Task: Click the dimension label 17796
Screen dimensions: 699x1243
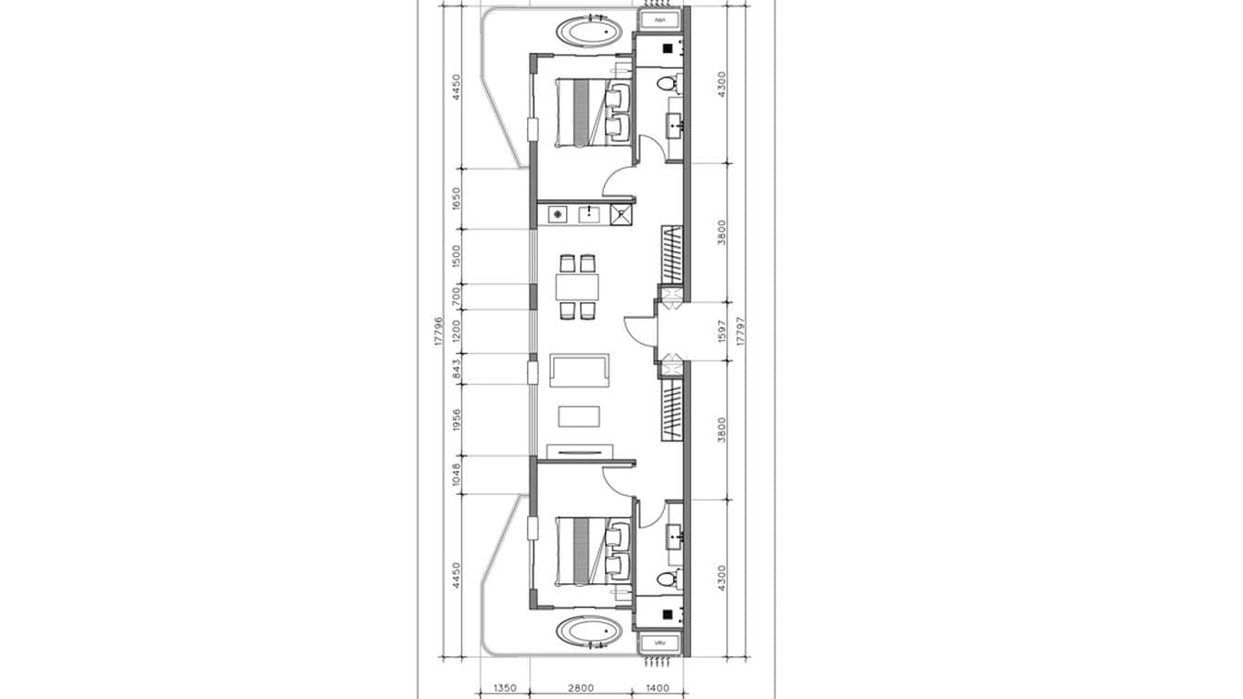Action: click(437, 331)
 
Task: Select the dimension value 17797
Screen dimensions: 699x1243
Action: click(740, 331)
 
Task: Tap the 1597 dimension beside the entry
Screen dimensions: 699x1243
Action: click(722, 331)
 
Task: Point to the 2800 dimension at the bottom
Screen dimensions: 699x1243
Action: click(581, 689)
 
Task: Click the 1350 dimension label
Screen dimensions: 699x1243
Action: click(505, 689)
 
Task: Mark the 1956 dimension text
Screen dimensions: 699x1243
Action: click(455, 420)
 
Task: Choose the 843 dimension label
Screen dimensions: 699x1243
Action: click(455, 368)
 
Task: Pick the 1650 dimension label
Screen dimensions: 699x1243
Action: click(455, 199)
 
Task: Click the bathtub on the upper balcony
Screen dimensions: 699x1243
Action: click(589, 32)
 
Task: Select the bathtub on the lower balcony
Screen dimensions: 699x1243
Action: click(589, 633)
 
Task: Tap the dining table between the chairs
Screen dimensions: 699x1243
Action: click(578, 286)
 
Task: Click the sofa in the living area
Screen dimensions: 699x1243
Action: click(580, 371)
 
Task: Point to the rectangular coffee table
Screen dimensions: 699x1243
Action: click(580, 415)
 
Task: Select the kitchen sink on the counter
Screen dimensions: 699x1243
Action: click(588, 215)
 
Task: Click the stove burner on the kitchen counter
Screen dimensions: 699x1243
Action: click(558, 215)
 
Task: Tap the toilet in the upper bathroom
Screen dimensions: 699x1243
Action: click(667, 84)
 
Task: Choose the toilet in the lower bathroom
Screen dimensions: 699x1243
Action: click(667, 579)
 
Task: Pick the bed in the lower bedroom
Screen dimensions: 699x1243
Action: click(584, 552)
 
